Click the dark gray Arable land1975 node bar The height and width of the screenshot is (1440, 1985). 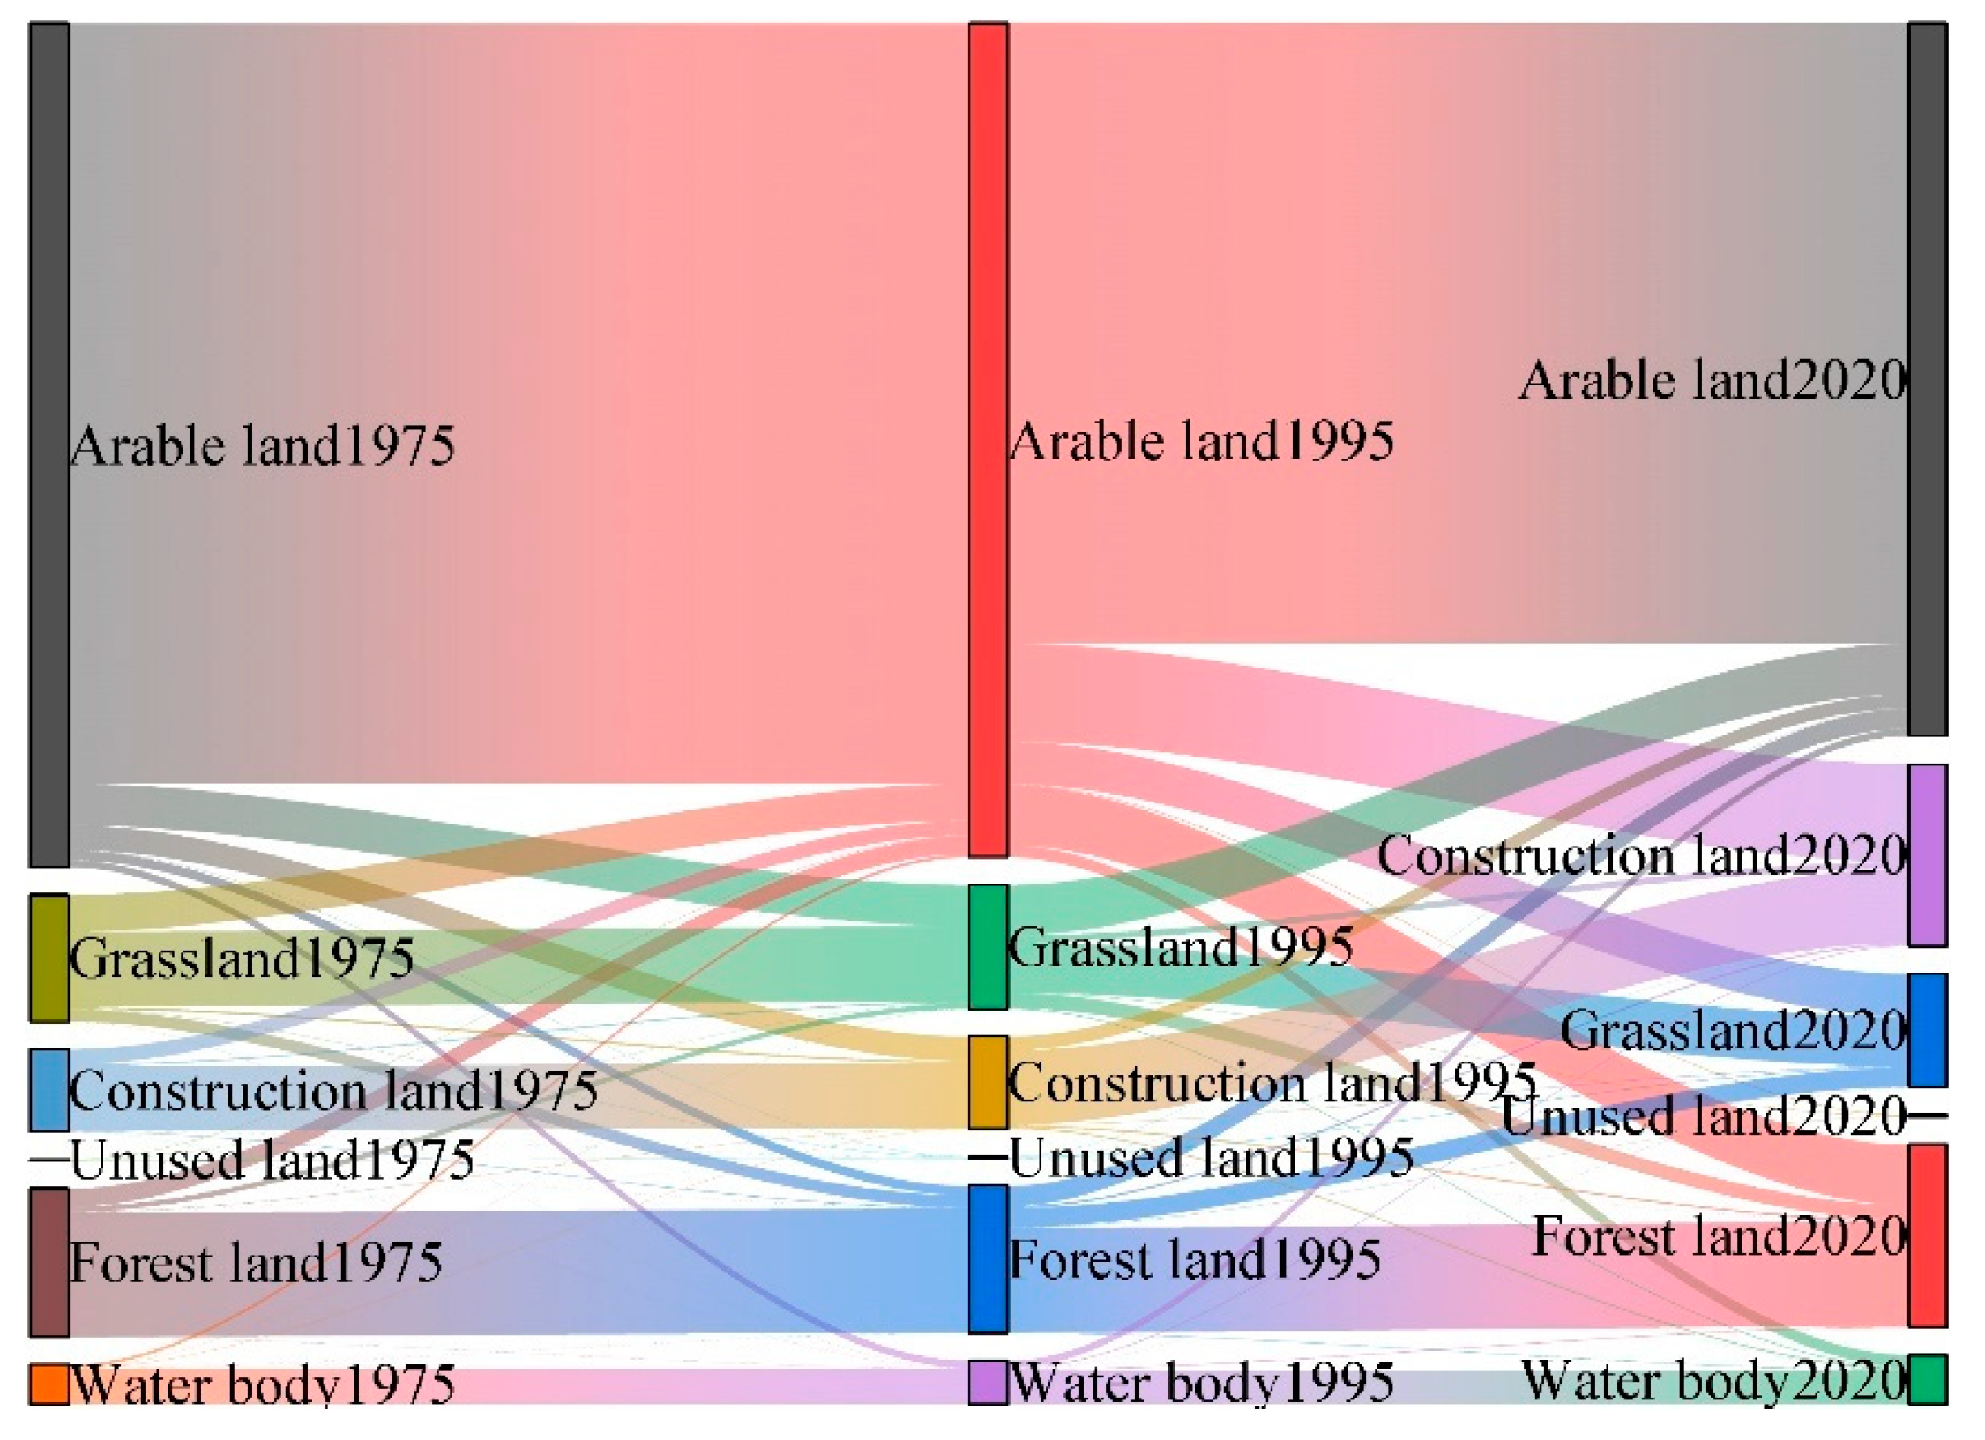(49, 444)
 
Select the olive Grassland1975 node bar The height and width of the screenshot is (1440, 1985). (49, 958)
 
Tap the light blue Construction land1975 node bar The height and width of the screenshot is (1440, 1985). (49, 1089)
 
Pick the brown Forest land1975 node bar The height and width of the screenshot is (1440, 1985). (49, 1262)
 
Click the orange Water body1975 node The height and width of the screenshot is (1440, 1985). (49, 1383)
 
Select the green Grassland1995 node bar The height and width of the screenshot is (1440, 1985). (989, 946)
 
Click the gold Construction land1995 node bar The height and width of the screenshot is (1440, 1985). (989, 1082)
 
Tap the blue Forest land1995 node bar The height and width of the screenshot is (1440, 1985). (989, 1258)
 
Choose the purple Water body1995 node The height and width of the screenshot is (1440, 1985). (989, 1381)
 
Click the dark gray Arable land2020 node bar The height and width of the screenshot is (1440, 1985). (1928, 379)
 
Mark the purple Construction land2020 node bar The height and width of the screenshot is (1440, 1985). (1928, 854)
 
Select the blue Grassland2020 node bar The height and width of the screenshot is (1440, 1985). (1928, 1029)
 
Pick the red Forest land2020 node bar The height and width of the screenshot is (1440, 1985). (1928, 1235)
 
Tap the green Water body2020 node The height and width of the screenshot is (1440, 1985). (1928, 1378)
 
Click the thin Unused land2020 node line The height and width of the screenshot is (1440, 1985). (1928, 1116)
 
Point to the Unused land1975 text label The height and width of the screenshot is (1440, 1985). (272, 1160)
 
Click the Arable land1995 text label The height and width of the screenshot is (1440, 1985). (1201, 440)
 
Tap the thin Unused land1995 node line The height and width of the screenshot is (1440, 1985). (989, 1157)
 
